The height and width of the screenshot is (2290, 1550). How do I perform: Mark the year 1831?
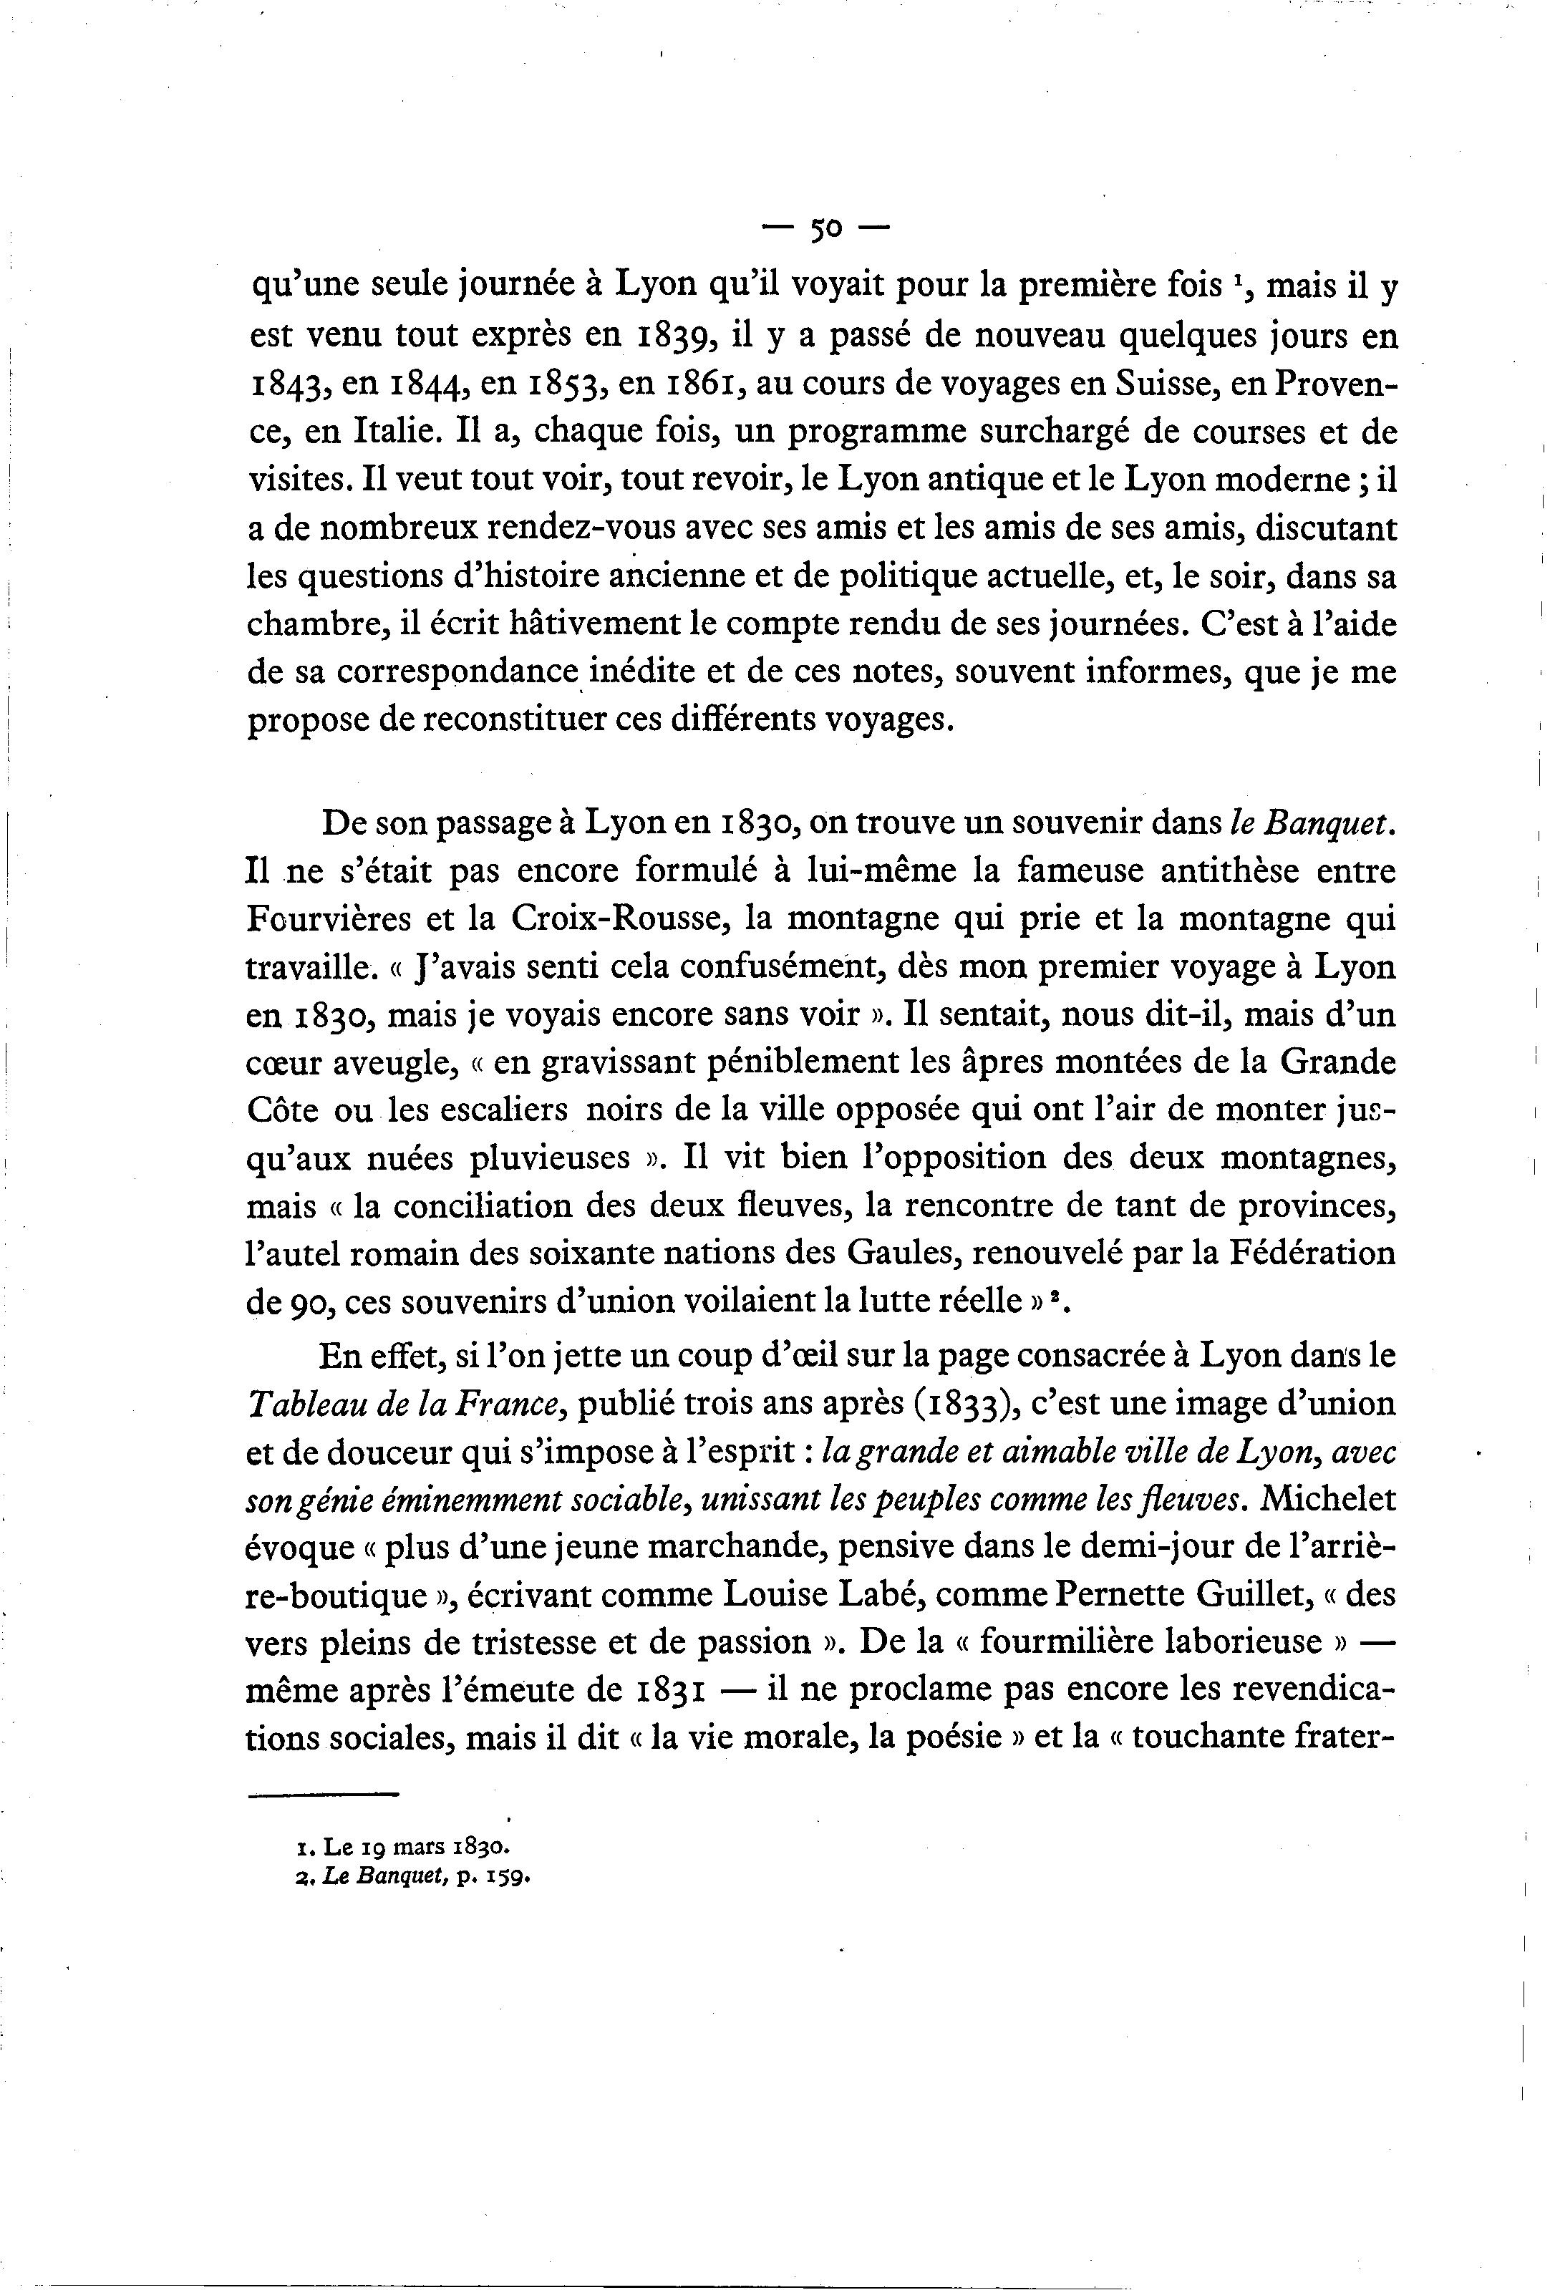click(667, 1692)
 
